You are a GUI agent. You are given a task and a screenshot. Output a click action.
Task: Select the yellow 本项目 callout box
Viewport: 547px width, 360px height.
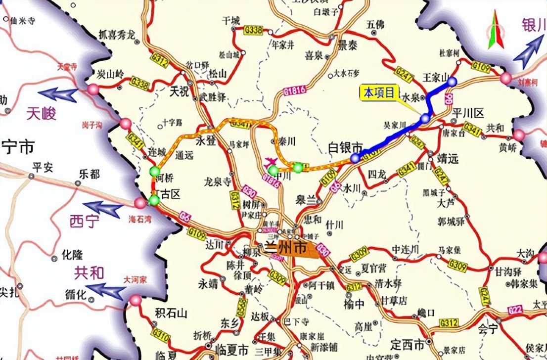pos(379,92)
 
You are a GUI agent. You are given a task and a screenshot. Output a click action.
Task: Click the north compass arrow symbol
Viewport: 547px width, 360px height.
pos(494,31)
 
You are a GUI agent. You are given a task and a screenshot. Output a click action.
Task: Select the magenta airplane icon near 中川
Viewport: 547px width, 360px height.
pos(271,161)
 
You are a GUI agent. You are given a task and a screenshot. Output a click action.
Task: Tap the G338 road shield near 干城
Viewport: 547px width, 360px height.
pos(253,31)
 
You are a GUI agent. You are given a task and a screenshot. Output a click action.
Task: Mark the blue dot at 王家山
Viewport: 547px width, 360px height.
pos(452,81)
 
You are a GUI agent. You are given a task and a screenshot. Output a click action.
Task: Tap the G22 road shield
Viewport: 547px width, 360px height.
pos(515,310)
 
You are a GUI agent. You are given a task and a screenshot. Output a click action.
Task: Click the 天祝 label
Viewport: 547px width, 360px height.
pos(180,91)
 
